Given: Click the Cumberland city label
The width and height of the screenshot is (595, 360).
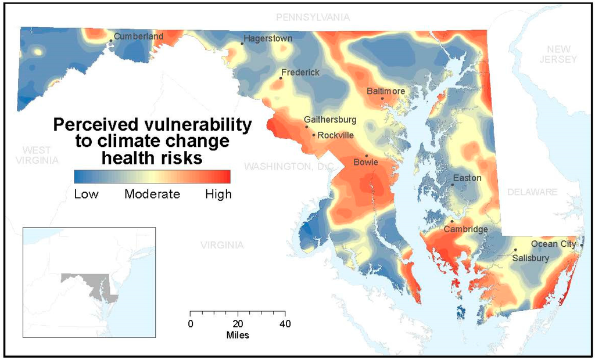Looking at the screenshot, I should click(x=138, y=36).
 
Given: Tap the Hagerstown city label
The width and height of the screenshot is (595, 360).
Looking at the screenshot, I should click(x=268, y=38).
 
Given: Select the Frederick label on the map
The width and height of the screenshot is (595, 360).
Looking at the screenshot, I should click(x=300, y=73).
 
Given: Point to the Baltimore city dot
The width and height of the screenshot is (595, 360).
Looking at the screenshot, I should click(x=382, y=98).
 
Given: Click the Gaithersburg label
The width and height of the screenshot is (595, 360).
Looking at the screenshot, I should click(x=330, y=120).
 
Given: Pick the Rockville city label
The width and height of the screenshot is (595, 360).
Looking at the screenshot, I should click(x=335, y=135).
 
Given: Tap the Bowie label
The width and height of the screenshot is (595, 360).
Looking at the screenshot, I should click(x=365, y=163).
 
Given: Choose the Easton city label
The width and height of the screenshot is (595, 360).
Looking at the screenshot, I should click(x=467, y=178).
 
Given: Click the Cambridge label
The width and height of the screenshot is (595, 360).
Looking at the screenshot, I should click(x=465, y=229).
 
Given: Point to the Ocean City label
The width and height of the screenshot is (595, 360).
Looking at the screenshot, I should click(x=553, y=244).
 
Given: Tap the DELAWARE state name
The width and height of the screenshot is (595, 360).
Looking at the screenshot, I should click(x=531, y=192).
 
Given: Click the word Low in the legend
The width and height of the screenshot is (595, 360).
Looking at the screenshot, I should click(x=86, y=195).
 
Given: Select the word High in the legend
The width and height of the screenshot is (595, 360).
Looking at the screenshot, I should click(x=218, y=195).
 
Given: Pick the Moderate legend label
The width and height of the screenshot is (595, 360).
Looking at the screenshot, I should click(x=152, y=195).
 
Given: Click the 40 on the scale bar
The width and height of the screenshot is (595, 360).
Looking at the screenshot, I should click(x=285, y=323).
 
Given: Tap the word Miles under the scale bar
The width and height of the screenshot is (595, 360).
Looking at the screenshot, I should click(x=238, y=335).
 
